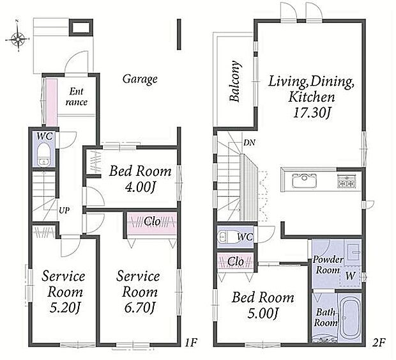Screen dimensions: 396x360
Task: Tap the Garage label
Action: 140,79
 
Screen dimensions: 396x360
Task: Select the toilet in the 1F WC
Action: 43,155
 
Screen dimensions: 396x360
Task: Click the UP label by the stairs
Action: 64,210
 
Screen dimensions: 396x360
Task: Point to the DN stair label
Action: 249,143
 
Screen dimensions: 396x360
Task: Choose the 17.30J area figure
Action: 312,113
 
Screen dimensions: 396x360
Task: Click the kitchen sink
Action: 304,180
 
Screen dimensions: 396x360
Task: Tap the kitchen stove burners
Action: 347,181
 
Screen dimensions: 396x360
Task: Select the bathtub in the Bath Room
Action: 350,318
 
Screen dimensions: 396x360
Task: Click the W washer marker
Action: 350,276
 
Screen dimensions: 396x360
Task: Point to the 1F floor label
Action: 191,343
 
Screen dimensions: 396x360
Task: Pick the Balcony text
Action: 234,81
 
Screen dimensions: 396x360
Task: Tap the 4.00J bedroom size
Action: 139,187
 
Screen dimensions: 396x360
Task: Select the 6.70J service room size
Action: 139,307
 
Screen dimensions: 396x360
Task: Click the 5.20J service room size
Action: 65,307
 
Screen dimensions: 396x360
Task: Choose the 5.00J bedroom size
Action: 263,313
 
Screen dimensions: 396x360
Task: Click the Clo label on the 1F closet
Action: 152,222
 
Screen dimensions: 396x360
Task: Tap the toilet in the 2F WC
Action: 228,237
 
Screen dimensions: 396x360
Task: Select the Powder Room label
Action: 328,265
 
